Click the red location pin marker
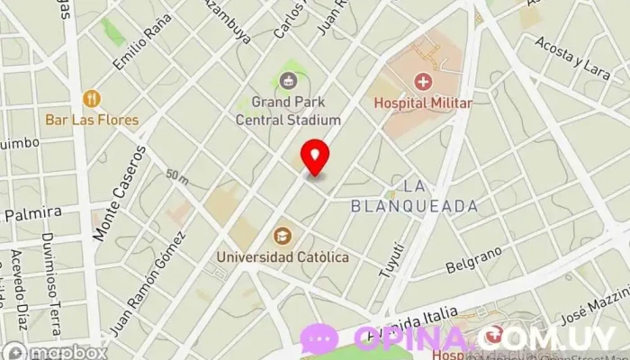pyautogui.click(x=314, y=156)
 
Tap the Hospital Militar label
pyautogui.click(x=423, y=103)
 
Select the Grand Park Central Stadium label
pyautogui.click(x=288, y=111)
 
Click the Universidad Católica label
pyautogui.click(x=282, y=257)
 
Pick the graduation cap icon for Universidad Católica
pyautogui.click(x=283, y=236)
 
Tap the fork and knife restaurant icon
pyautogui.click(x=91, y=98)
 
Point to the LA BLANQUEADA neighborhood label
pyautogui.click(x=439, y=196)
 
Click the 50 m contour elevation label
pyautogui.click(x=176, y=176)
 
